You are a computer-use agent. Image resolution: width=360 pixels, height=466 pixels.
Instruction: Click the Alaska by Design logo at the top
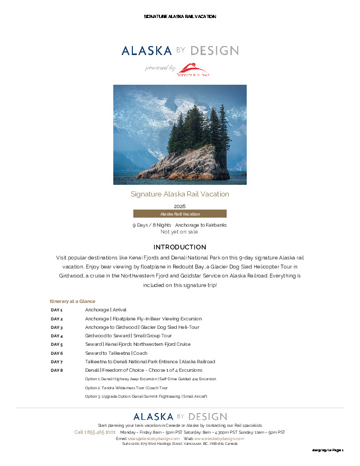(x=180, y=51)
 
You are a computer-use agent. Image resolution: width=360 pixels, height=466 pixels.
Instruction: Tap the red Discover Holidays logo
(x=193, y=70)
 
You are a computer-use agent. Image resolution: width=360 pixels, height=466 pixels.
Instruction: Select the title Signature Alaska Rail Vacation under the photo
(x=180, y=194)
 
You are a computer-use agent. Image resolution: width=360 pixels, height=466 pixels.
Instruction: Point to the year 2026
(x=180, y=206)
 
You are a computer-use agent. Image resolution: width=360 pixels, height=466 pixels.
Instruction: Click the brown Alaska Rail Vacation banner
(x=180, y=214)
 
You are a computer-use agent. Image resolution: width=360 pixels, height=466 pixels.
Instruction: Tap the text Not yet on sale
(x=179, y=231)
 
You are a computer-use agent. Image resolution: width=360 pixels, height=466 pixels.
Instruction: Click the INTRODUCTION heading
(x=180, y=247)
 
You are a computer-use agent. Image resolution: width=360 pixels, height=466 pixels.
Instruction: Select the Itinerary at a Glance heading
(x=73, y=301)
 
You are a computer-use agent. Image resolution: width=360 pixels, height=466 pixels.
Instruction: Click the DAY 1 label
(x=57, y=310)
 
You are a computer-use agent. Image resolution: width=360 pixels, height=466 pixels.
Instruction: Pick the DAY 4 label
(x=57, y=336)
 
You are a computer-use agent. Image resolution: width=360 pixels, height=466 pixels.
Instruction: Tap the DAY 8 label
(x=57, y=370)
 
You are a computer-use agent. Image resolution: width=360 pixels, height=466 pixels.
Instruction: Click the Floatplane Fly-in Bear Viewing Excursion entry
(x=143, y=319)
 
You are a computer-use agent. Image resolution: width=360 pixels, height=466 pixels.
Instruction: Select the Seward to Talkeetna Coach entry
(x=116, y=353)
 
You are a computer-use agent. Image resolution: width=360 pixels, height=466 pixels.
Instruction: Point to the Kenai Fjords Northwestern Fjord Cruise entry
(x=138, y=344)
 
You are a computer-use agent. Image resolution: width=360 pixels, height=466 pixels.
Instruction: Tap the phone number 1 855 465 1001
(x=95, y=432)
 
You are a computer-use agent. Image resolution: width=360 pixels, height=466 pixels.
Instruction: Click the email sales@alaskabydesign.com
(x=154, y=438)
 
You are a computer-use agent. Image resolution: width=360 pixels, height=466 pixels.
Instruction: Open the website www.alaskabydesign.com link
(x=219, y=438)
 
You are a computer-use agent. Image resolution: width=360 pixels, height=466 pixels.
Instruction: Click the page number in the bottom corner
(x=328, y=450)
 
